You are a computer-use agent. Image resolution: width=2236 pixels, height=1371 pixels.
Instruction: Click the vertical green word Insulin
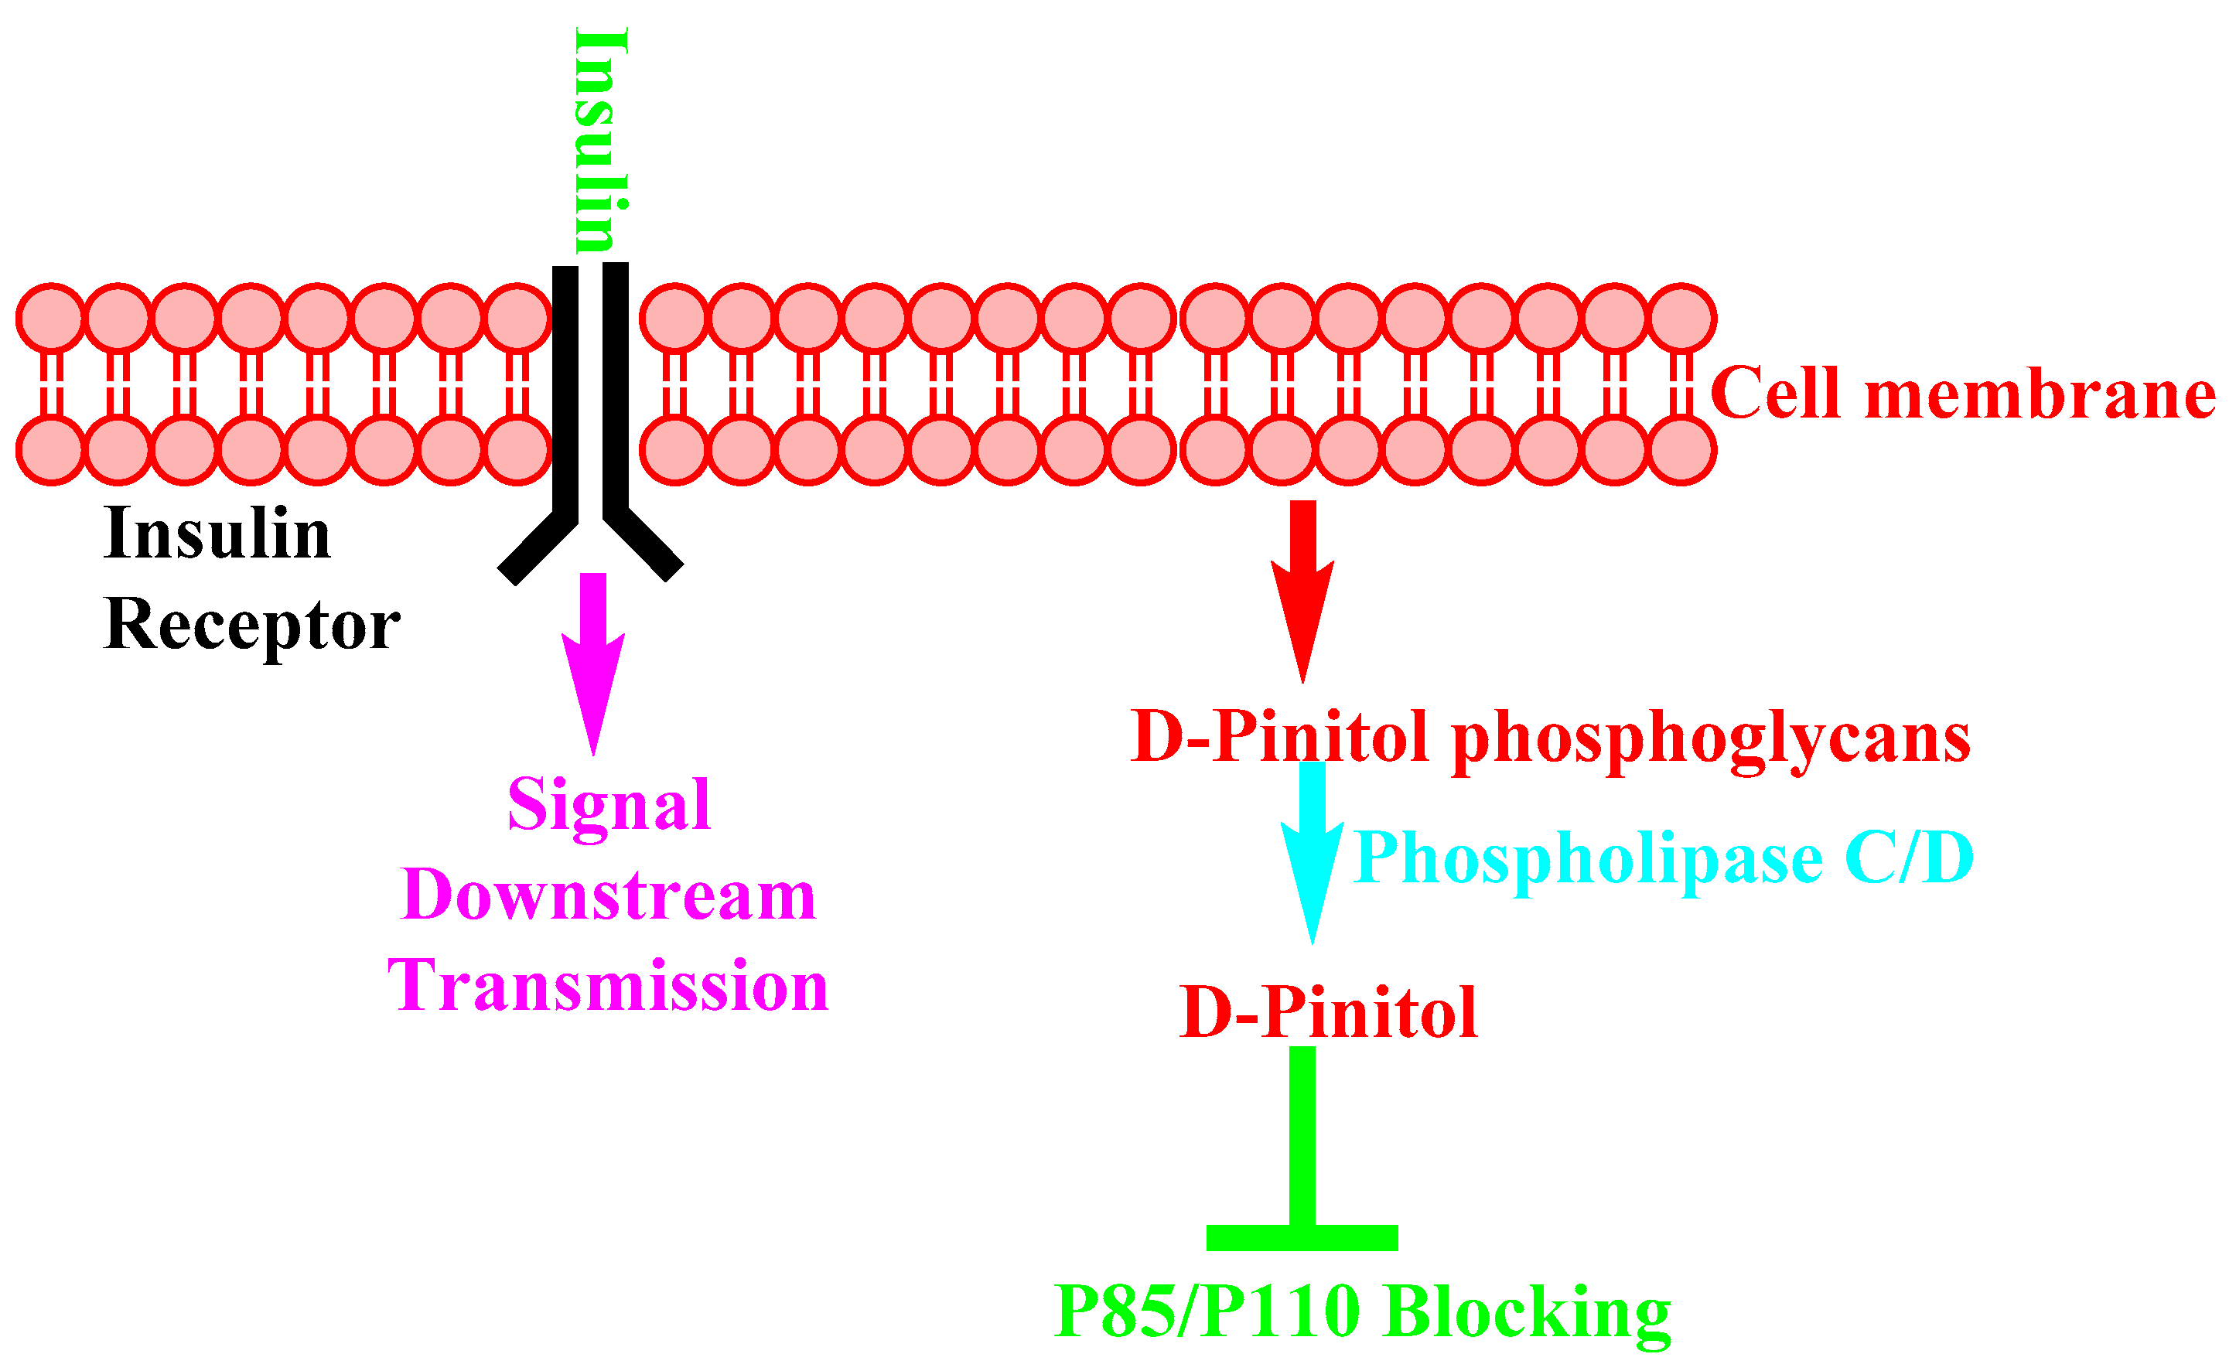(x=602, y=141)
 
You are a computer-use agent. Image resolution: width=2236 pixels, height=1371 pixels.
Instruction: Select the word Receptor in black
(x=252, y=626)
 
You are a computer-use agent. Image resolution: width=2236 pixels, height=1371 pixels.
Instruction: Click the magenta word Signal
(x=609, y=806)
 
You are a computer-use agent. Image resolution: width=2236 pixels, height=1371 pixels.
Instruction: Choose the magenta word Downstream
(x=608, y=896)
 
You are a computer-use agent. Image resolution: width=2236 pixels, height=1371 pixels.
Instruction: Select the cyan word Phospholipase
(x=1588, y=858)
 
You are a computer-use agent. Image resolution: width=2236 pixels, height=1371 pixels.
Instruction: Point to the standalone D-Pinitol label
(x=1329, y=1014)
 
